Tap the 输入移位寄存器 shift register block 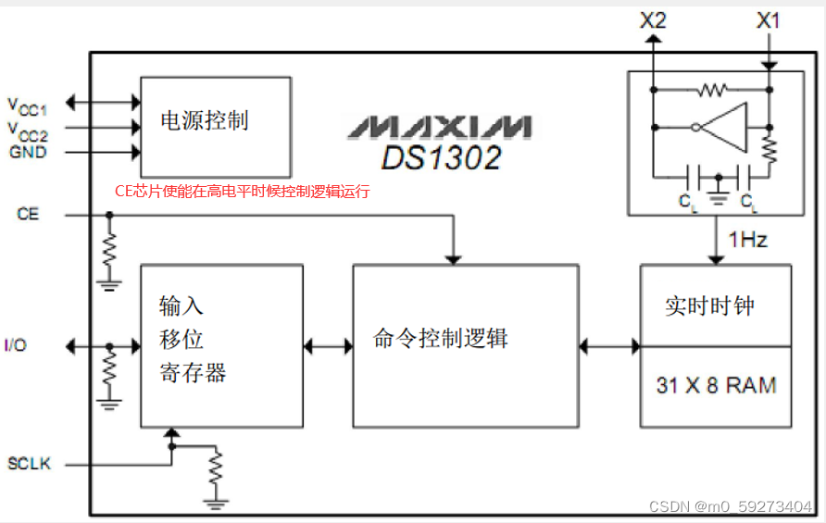[221, 346]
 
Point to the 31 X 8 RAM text [716, 386]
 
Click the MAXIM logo [440, 125]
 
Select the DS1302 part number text [441, 156]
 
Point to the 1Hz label [747, 240]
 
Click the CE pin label [28, 215]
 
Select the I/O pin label [17, 346]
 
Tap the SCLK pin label [28, 462]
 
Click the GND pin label [28, 152]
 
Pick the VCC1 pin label [27, 104]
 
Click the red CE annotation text [242, 192]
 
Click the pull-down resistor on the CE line [109, 248]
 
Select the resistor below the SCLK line [216, 470]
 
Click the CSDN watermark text [729, 506]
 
